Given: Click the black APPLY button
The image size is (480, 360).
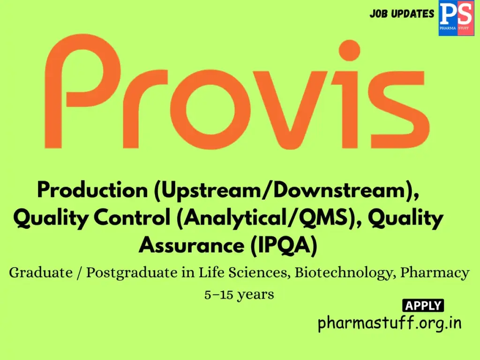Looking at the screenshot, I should [423, 306].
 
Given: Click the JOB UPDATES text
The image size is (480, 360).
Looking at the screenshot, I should [402, 14].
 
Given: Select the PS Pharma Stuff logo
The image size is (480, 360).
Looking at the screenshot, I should [456, 18].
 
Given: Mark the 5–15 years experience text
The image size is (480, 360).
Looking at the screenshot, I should [239, 295].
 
